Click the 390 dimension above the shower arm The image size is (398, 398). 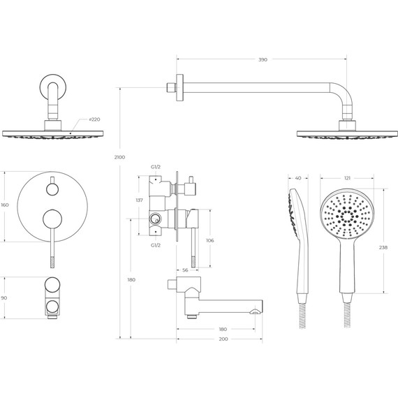coord(263,59)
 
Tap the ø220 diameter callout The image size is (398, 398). coord(94,119)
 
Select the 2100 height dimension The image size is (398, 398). coord(119,157)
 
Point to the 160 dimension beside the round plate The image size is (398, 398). coord(5,205)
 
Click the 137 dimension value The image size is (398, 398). coord(140,200)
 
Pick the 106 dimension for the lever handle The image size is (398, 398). coord(210,240)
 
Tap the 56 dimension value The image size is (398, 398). coord(185,270)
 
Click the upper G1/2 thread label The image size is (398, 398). coord(156,167)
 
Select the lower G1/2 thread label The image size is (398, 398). coord(156,245)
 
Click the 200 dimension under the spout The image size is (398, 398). coord(223,339)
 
